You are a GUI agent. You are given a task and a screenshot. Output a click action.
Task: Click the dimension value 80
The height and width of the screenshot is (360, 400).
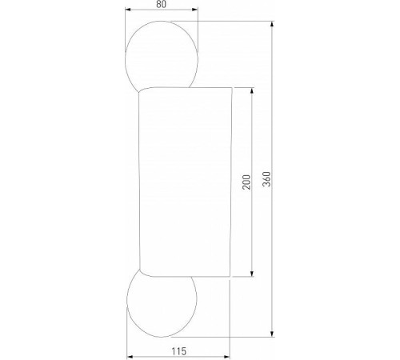coord(162,5)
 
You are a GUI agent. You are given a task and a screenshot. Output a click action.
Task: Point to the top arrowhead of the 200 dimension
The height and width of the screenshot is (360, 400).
coord(254,88)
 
